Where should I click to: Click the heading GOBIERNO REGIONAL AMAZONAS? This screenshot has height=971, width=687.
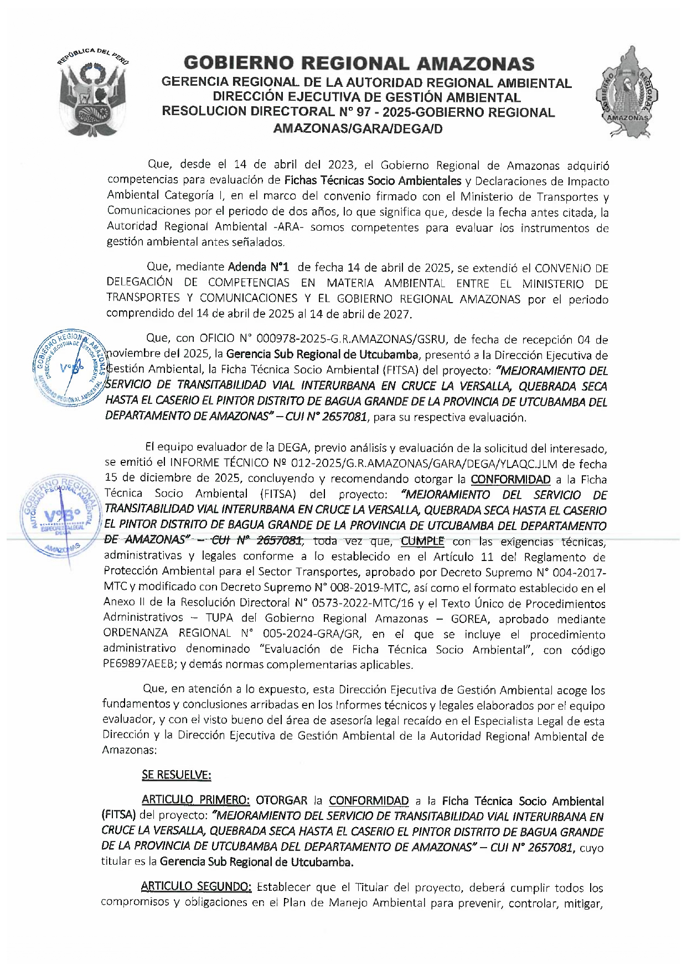coord(359,64)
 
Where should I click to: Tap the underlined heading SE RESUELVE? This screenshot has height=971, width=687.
coord(176,775)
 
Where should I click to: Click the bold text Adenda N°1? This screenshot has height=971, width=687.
coord(259,267)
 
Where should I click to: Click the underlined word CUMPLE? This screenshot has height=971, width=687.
coord(422,541)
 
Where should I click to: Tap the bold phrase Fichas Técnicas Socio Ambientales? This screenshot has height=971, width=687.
coord(373,180)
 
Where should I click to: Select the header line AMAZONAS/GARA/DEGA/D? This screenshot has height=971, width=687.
coord(358,129)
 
